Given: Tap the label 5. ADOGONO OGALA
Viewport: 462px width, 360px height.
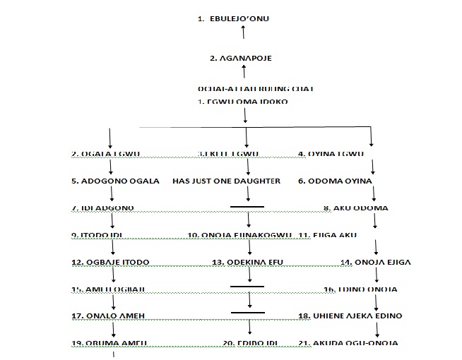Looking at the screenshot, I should (116, 181).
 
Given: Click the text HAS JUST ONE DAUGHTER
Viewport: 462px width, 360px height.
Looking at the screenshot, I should (227, 181).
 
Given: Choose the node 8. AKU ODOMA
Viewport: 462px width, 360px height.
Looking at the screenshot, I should (355, 208).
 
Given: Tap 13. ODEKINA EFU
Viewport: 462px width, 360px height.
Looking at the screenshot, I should (247, 262).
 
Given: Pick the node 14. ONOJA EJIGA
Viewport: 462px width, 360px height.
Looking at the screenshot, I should (376, 262).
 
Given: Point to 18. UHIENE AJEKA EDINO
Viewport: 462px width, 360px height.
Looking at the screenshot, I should (348, 316).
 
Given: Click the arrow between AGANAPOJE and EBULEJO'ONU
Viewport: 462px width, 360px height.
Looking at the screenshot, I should (243, 32).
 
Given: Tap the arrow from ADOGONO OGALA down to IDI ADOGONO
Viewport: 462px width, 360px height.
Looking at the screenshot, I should (112, 194).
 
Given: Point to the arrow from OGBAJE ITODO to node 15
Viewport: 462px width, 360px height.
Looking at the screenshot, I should (112, 275).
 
